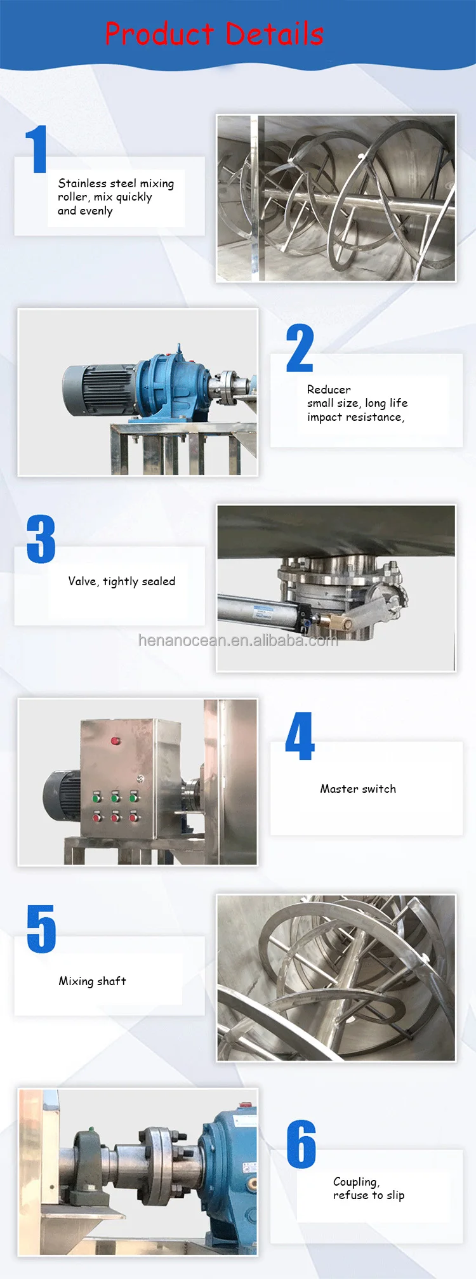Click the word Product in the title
coord(159,34)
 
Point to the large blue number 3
coord(41,539)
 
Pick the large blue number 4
coord(300,736)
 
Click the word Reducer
coord(329,389)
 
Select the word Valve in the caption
coord(83,581)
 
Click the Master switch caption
coord(358,789)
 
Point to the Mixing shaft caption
coord(92,981)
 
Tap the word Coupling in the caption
coord(355,1182)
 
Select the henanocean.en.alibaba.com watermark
coord(238,640)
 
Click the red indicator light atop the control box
coord(116,740)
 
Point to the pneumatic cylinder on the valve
coord(260,610)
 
